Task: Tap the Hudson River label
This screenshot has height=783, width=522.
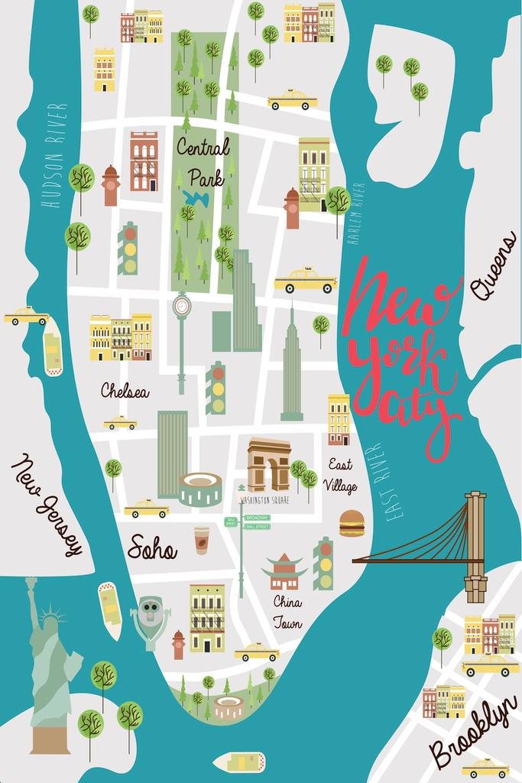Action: [x=53, y=158]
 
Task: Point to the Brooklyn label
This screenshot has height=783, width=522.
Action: [x=472, y=732]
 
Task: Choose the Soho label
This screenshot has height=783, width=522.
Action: [x=152, y=547]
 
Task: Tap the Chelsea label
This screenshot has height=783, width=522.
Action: [x=125, y=391]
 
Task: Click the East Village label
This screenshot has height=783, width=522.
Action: [x=340, y=475]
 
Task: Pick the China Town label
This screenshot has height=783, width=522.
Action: [x=287, y=612]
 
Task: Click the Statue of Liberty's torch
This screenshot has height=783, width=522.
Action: [x=31, y=583]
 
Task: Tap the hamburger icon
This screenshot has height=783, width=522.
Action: [x=352, y=523]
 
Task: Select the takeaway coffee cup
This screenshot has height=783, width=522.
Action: [x=201, y=539]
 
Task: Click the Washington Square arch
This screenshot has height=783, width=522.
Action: [x=268, y=464]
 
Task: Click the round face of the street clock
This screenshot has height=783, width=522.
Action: [x=182, y=307]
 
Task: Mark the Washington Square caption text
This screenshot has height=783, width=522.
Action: [x=264, y=500]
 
